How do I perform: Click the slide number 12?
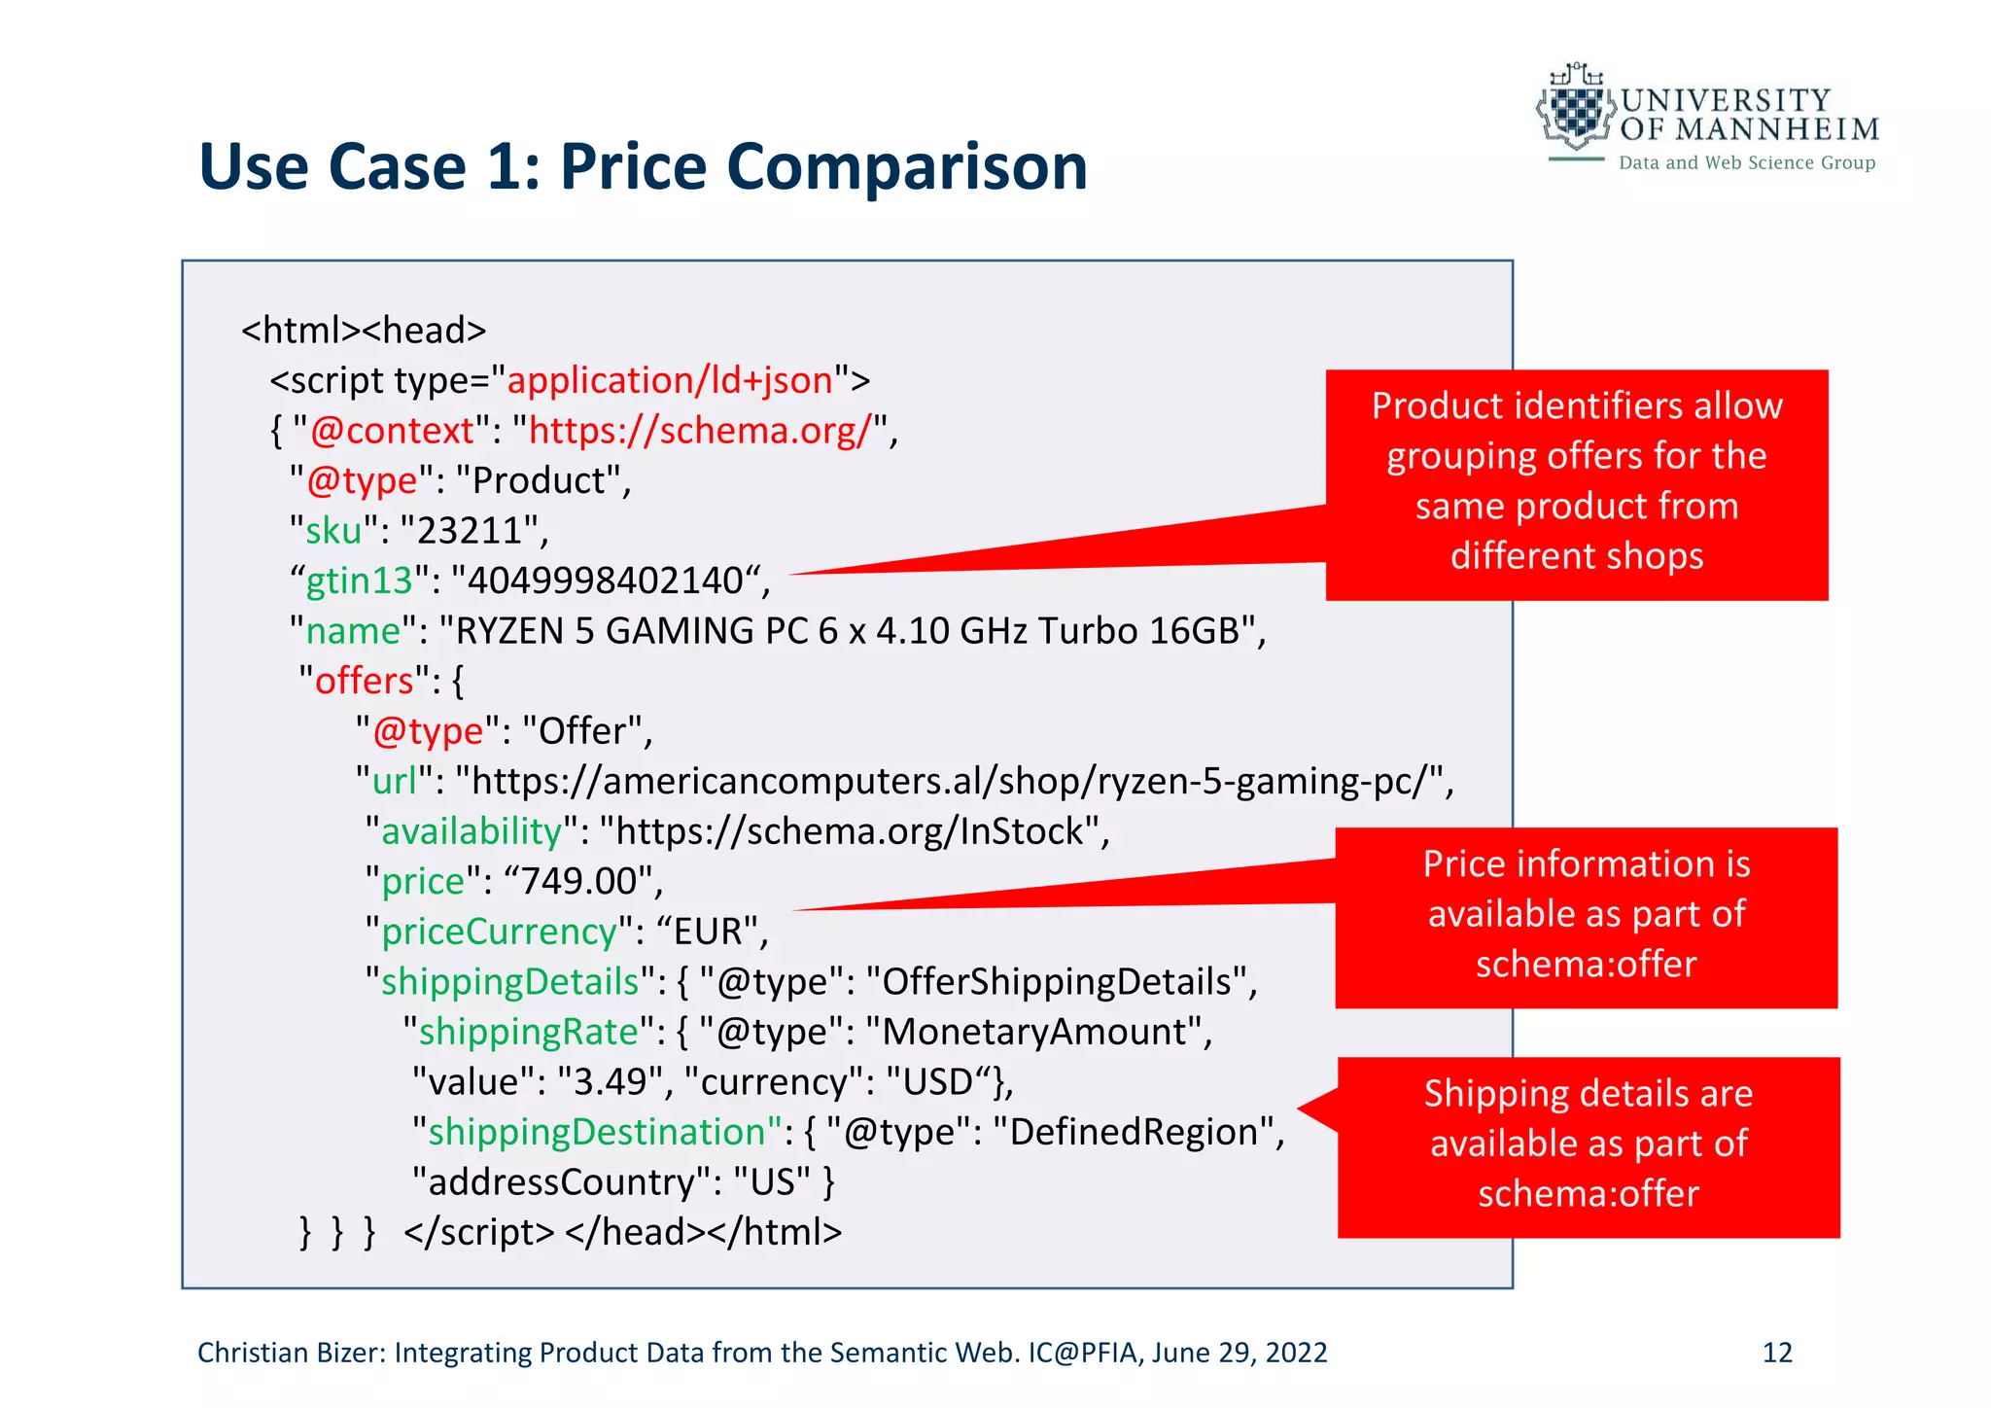pyautogui.click(x=1776, y=1353)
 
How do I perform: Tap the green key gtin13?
pyautogui.click(x=359, y=581)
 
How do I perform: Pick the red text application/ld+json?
pyautogui.click(x=670, y=380)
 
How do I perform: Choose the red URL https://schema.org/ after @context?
pyautogui.click(x=699, y=431)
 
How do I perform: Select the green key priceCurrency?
pyautogui.click(x=499, y=932)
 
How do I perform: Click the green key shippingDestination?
pyautogui.click(x=597, y=1132)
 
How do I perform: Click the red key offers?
pyautogui.click(x=365, y=681)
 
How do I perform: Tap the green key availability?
pyautogui.click(x=472, y=831)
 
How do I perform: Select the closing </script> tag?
pyautogui.click(x=478, y=1232)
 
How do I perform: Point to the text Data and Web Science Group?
pyautogui.click(x=1746, y=163)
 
